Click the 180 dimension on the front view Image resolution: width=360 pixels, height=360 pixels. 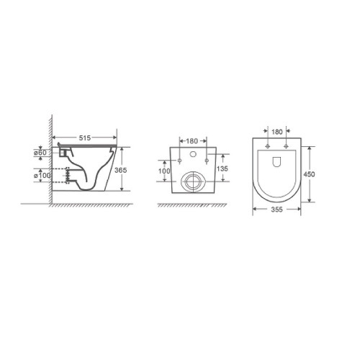click(x=192, y=141)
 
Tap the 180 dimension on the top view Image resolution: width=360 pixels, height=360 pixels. click(x=277, y=132)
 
